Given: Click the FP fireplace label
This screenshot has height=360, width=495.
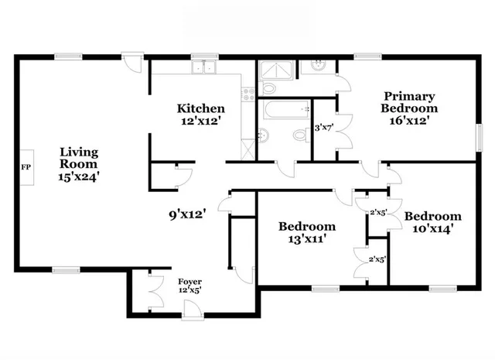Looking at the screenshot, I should point(25,166).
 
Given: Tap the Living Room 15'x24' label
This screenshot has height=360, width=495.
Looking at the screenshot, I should point(79,163).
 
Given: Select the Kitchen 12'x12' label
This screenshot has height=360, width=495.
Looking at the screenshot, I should point(201,115).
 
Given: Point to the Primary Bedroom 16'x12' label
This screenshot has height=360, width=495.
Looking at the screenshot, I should point(411,108).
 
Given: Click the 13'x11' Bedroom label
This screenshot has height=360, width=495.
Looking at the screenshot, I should point(307,232).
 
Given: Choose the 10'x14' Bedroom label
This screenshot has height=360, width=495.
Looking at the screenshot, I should point(432,222).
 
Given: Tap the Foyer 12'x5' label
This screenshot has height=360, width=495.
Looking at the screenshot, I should point(190,286).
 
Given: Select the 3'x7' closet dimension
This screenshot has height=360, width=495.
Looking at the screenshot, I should point(324,128).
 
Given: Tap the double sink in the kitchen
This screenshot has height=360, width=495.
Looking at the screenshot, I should point(204,68).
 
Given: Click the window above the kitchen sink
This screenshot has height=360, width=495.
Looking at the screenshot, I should point(204,56).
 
